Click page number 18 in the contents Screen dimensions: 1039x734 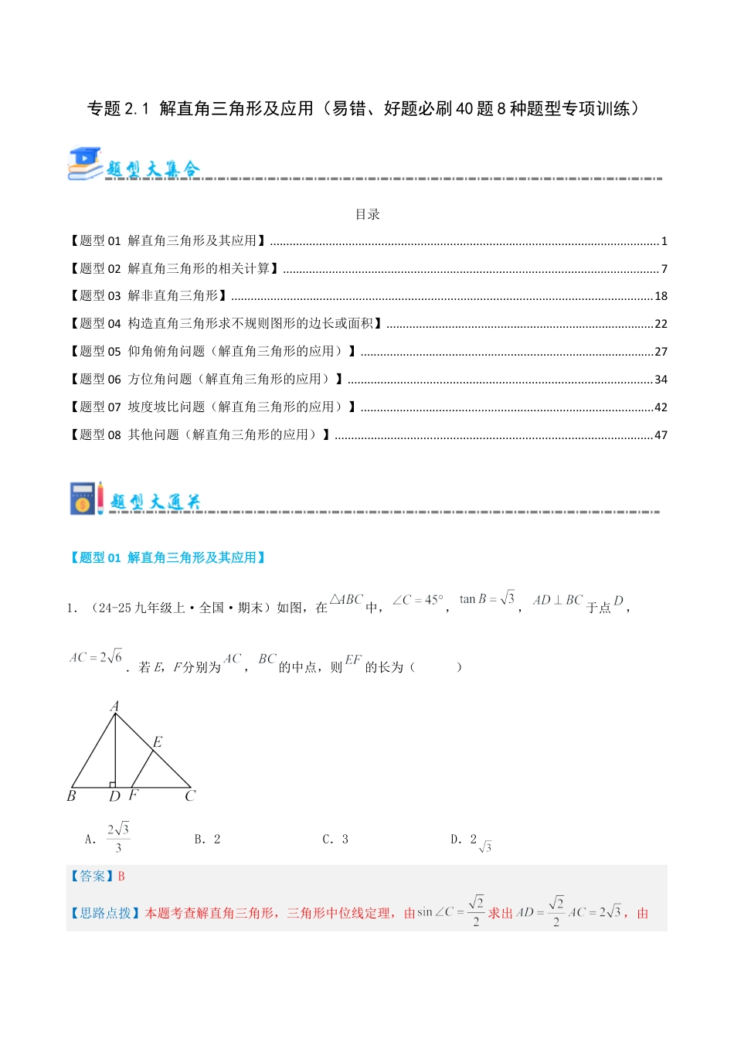[x=661, y=296]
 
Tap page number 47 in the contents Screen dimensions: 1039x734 [x=661, y=435]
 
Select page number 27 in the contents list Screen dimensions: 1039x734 [x=661, y=352]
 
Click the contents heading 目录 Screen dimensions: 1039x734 [x=367, y=214]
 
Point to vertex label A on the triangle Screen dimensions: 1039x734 [x=114, y=706]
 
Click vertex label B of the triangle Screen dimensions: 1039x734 [x=72, y=795]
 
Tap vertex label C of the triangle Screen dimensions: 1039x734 [x=190, y=795]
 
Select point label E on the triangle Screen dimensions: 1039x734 [x=158, y=742]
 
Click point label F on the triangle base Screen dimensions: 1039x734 [x=133, y=795]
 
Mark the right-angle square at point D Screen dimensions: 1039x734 [x=112, y=784]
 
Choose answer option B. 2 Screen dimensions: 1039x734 [x=207, y=840]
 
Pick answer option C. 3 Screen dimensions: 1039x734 [x=335, y=840]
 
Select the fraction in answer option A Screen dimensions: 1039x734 [x=118, y=838]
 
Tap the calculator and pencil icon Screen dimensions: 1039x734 [x=86, y=499]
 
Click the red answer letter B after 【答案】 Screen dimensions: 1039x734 [x=121, y=877]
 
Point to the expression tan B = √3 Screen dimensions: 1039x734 [x=487, y=599]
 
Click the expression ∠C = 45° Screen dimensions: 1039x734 [x=418, y=600]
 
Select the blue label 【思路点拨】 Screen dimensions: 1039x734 [x=105, y=914]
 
